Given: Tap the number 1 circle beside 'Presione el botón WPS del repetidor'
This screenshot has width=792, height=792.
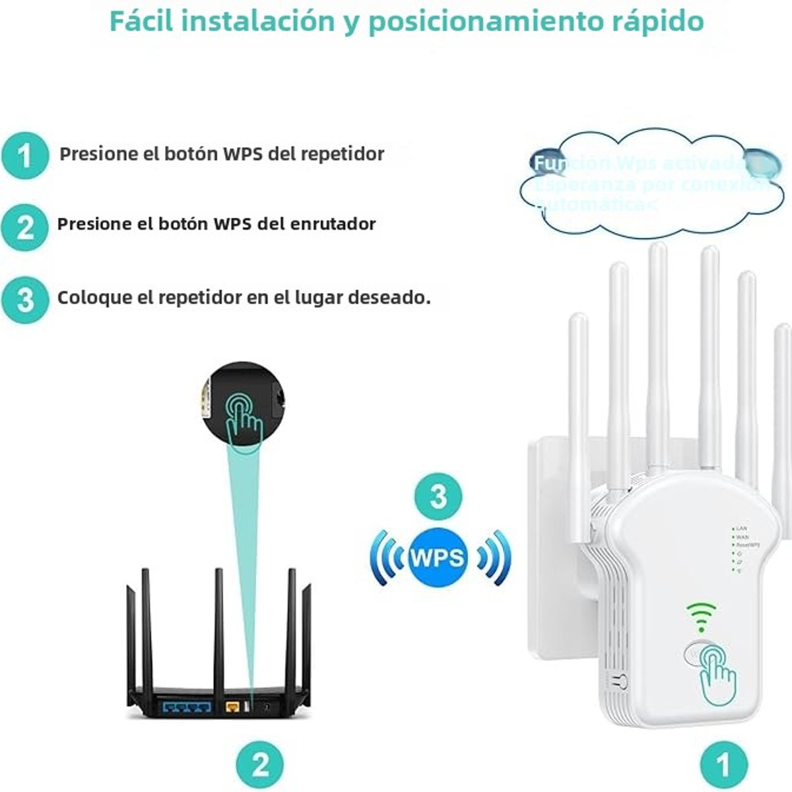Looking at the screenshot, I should point(25,156).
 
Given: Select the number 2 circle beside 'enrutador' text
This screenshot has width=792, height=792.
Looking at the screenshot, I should point(25,227).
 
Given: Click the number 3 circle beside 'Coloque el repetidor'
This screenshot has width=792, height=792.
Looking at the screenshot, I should point(25,299).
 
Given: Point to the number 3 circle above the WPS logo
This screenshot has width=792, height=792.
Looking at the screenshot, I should point(438,496).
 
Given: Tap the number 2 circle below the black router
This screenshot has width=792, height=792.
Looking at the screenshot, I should point(261,764).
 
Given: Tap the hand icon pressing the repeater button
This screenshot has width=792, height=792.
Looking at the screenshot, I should point(715,673).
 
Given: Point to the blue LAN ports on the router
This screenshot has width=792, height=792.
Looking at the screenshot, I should point(187,708).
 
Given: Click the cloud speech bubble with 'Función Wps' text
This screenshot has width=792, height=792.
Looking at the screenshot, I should point(650,183).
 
